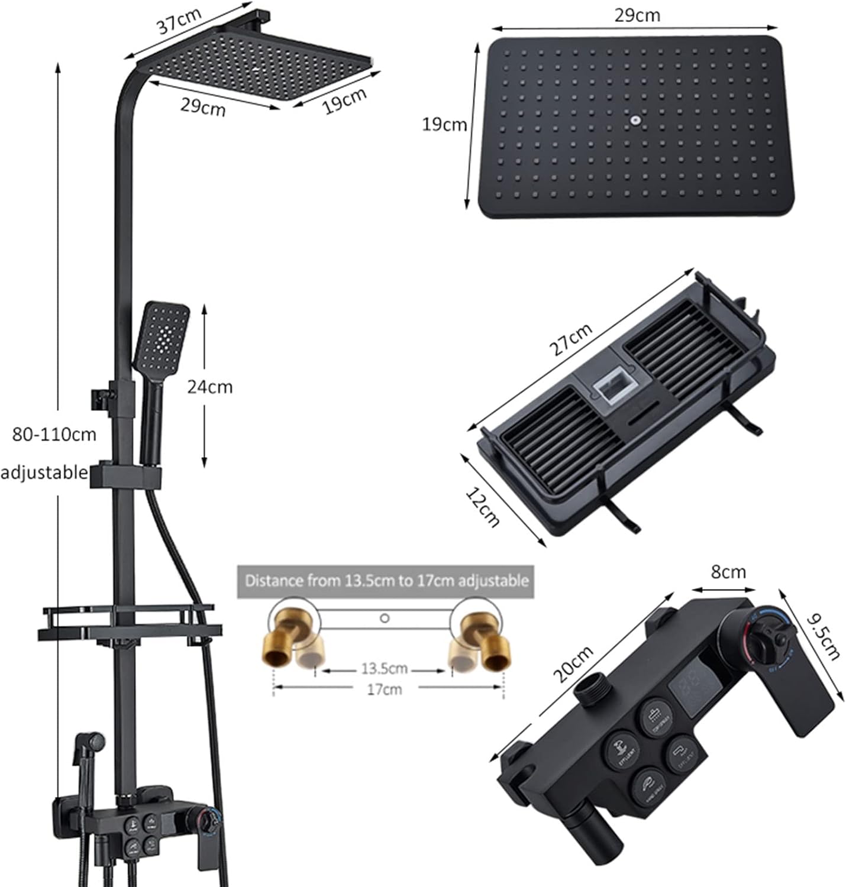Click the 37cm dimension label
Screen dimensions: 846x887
[x=179, y=22]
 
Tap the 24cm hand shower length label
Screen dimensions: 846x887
[x=209, y=387]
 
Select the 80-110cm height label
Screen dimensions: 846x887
[x=54, y=435]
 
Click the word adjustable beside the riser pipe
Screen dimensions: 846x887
[x=44, y=472]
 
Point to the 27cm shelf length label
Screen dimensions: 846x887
[x=571, y=340]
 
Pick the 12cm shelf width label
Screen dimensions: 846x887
[x=483, y=506]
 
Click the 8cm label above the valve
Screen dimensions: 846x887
[x=728, y=572]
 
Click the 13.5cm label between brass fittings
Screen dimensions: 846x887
[x=384, y=669]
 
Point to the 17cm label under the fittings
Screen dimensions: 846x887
[x=384, y=689]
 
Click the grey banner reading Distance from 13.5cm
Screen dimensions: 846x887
[x=386, y=581]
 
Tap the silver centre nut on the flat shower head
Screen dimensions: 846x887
[x=635, y=121]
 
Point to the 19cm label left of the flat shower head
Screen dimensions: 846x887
[x=444, y=125]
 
